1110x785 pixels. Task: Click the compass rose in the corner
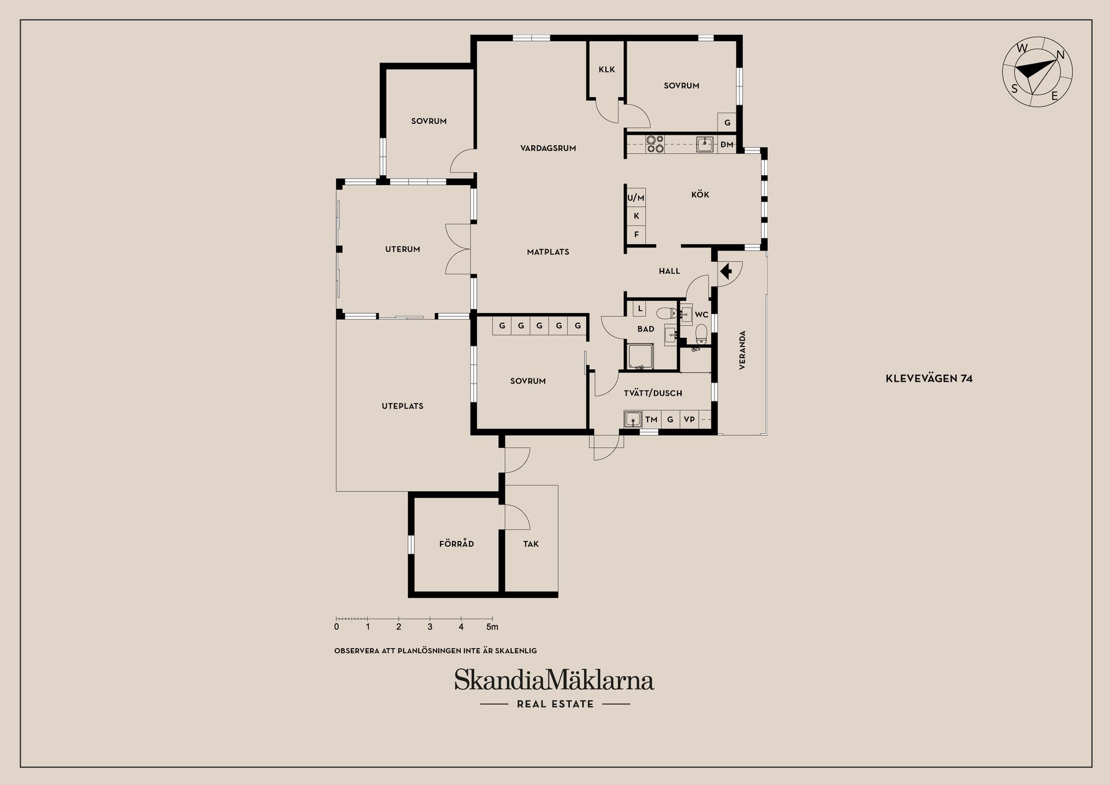pos(1037,72)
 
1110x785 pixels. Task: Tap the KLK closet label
pos(606,69)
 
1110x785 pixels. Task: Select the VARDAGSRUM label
pos(548,148)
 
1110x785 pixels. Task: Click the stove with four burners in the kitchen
pos(655,144)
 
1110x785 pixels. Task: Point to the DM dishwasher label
pos(727,145)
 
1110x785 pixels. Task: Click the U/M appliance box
pos(636,198)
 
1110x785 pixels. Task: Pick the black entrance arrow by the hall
pos(726,270)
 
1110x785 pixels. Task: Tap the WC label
pos(701,315)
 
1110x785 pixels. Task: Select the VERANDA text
pos(742,350)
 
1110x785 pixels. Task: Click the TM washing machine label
pos(651,419)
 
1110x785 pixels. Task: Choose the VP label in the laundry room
pos(689,419)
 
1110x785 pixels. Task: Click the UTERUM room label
pos(402,249)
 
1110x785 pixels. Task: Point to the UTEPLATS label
pos(402,406)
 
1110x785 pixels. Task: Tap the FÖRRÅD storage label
pos(456,544)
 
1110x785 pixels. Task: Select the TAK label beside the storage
pos(531,544)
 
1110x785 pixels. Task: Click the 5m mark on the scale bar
pos(492,627)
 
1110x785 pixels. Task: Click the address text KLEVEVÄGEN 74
pos(929,379)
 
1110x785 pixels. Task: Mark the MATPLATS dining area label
pos(548,252)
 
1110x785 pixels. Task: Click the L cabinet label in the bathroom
pos(639,309)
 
